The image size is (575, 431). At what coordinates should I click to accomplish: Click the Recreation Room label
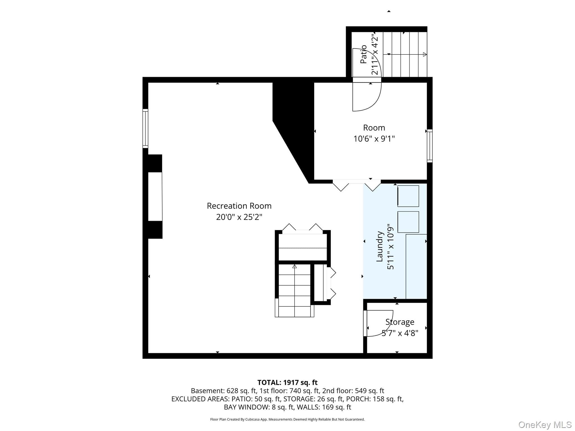tap(239, 206)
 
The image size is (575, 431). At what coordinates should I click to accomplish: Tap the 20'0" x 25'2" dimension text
tap(239, 217)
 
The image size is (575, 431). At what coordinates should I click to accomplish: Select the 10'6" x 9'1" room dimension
tap(374, 139)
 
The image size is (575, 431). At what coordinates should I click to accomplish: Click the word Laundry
tap(380, 246)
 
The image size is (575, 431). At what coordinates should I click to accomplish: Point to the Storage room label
tap(400, 322)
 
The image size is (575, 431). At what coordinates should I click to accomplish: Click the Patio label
tap(364, 54)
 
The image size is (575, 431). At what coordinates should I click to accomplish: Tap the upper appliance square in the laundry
tap(408, 196)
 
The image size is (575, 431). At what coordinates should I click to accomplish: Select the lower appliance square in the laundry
tap(408, 222)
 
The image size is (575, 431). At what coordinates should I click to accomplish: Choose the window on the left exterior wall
tap(145, 129)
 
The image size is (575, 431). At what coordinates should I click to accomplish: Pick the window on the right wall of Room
tap(430, 146)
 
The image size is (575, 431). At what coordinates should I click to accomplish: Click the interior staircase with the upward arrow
tap(294, 290)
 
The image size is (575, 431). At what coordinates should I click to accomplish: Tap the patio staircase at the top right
tap(405, 54)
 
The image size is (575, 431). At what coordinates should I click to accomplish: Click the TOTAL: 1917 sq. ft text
tap(287, 382)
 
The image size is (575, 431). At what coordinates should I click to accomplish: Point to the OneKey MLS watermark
tap(545, 425)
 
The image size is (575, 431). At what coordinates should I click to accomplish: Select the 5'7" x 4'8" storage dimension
tap(400, 333)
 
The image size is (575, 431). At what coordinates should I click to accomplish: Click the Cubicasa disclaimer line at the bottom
tap(287, 419)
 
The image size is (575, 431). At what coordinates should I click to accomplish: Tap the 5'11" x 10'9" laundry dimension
tap(391, 246)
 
